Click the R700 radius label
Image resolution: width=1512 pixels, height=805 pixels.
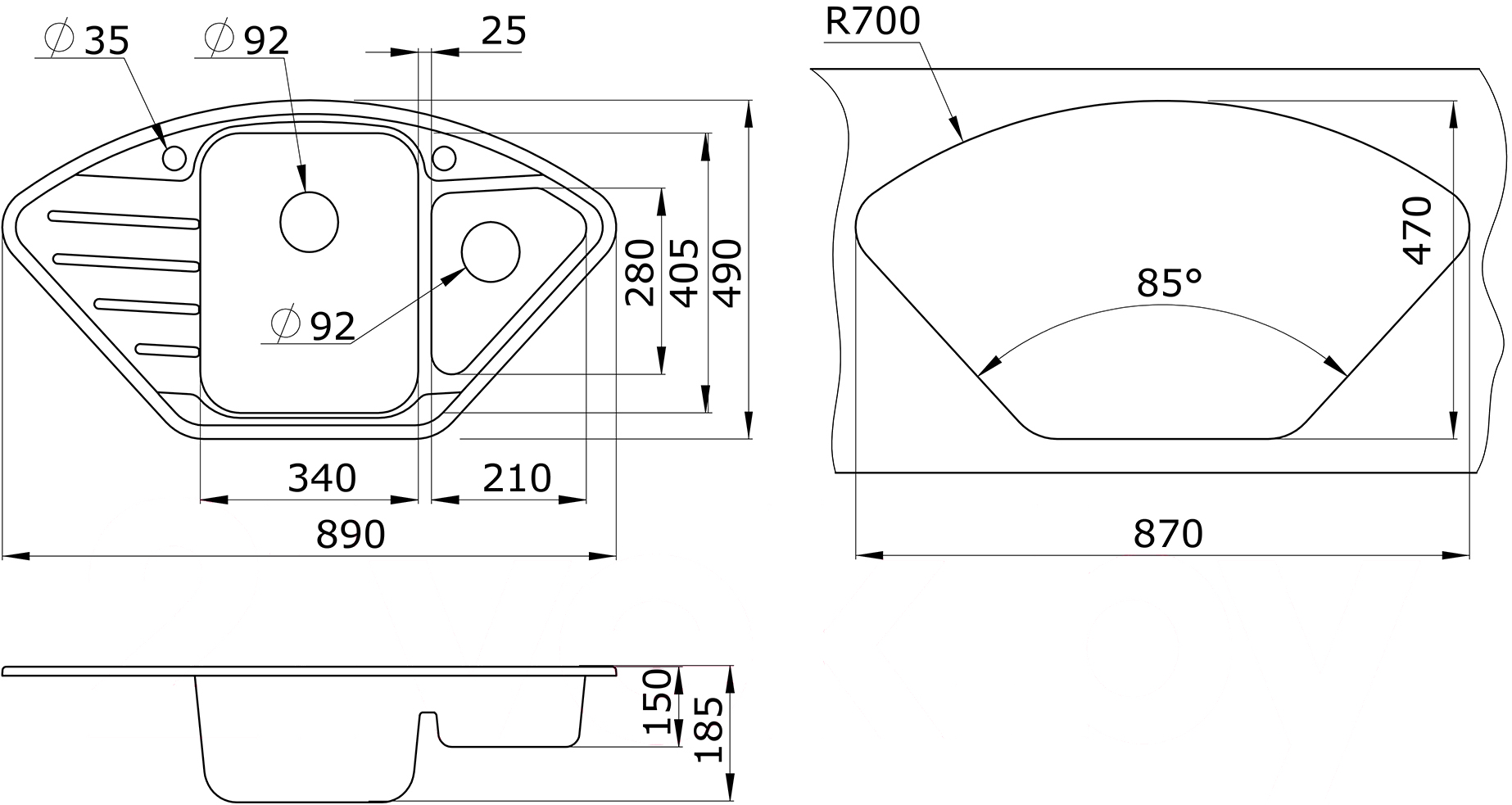872,22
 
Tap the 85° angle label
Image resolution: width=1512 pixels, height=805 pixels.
1169,283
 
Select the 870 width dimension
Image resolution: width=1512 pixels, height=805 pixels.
1168,534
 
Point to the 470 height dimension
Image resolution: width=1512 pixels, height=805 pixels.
1416,230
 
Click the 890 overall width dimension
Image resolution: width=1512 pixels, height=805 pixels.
351,535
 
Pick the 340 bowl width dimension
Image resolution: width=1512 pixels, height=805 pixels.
322,478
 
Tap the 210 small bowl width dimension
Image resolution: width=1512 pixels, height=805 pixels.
517,478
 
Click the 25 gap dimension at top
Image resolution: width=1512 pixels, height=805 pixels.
503,31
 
